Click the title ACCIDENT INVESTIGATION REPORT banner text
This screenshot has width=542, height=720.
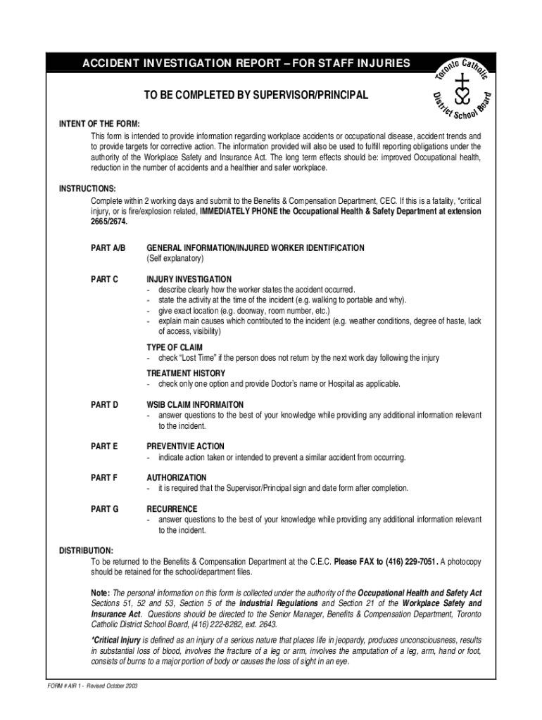coord(246,64)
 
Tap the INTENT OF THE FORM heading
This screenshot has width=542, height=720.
coord(99,124)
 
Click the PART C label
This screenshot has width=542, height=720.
coord(104,279)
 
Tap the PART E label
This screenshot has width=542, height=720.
coord(104,446)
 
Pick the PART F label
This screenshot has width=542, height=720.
coord(104,477)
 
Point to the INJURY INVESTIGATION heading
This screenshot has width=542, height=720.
coord(189,279)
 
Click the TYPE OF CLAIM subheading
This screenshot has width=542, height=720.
coord(175,347)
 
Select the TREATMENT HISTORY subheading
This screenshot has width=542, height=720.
coord(186,373)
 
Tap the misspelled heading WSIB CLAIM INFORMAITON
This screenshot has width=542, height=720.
coord(195,405)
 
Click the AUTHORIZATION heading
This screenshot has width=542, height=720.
coord(177,477)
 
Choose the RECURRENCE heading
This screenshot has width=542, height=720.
coord(172,508)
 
